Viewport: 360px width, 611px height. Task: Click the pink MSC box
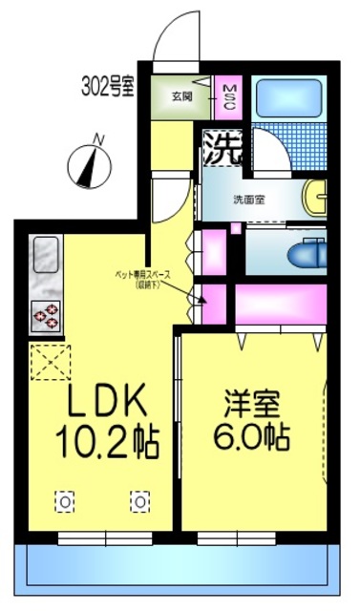tap(230, 95)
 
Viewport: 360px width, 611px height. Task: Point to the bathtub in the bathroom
tap(289, 96)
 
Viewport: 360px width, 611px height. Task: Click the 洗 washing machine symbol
tap(221, 148)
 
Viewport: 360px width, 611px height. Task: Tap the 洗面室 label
tap(250, 200)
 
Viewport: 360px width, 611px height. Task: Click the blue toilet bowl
tap(306, 252)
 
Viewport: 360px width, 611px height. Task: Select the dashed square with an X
tap(45, 361)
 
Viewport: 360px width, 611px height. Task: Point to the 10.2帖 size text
tap(104, 442)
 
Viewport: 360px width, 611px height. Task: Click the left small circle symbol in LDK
tap(64, 500)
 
